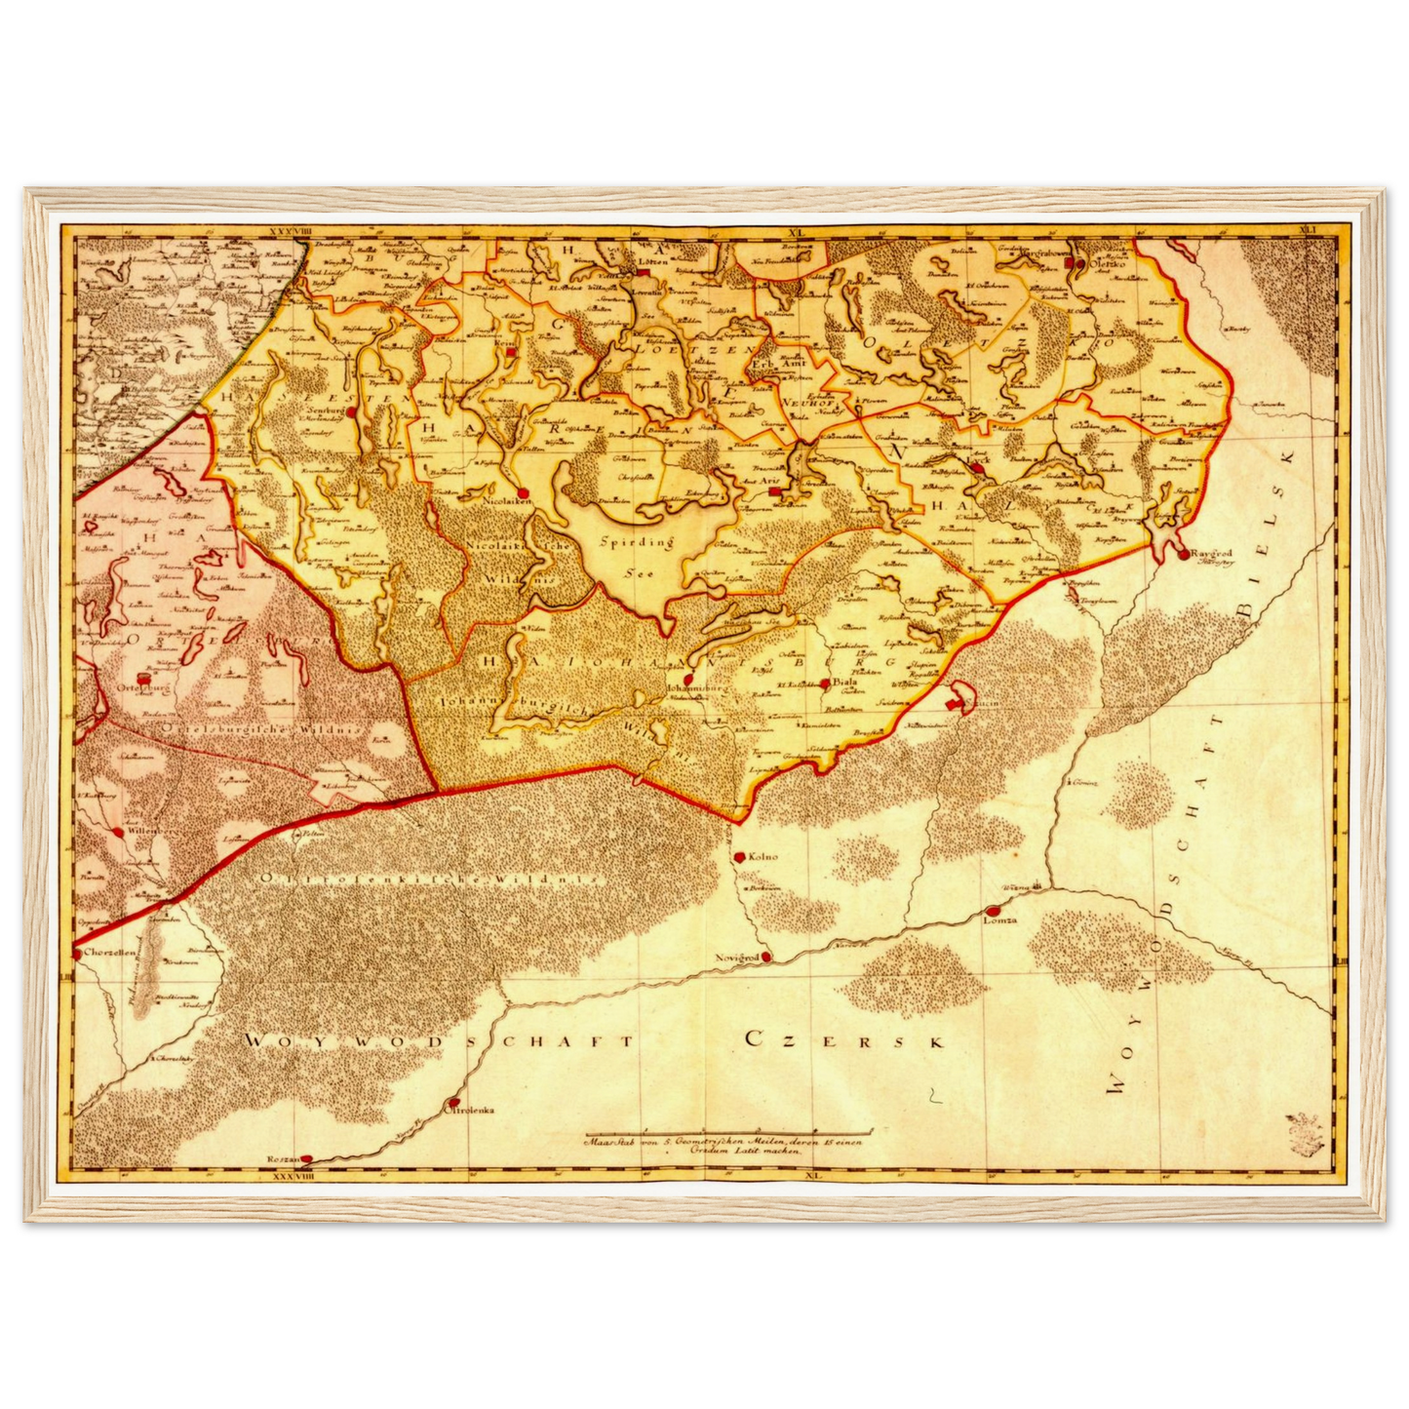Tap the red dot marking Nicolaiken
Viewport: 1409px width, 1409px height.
(x=523, y=493)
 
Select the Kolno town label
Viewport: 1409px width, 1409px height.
(x=763, y=856)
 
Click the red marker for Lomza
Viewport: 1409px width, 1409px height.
(x=992, y=911)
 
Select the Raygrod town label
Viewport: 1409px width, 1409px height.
(x=1211, y=553)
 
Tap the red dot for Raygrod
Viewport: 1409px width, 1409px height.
(x=1183, y=555)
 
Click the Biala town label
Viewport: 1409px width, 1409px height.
(x=844, y=683)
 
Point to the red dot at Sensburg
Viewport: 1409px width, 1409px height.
(x=349, y=412)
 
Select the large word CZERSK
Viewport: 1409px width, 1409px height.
(x=844, y=1039)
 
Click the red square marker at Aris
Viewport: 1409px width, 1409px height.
(x=773, y=491)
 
